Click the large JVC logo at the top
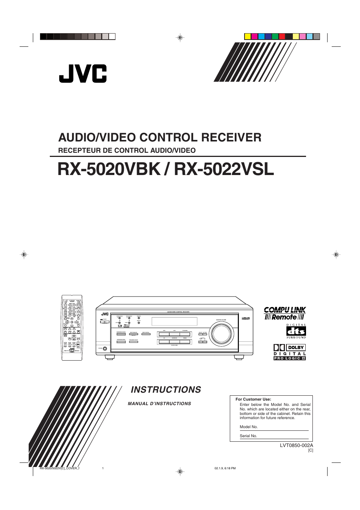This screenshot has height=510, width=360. (x=83, y=74)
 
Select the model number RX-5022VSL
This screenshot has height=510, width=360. (x=224, y=169)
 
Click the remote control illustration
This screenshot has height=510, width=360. (x=72, y=327)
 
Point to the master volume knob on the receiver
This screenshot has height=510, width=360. (x=222, y=334)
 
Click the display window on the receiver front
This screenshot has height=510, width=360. (x=174, y=321)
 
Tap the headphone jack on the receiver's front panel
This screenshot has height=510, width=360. (x=105, y=349)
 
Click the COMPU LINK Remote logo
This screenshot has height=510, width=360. (x=285, y=313)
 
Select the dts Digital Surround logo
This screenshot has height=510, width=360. (x=296, y=331)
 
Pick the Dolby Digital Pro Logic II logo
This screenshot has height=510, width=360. (x=289, y=352)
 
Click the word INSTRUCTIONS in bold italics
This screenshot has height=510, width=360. (x=166, y=390)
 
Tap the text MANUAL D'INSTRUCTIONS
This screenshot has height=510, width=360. (x=159, y=404)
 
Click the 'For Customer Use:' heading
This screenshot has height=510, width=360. (x=253, y=399)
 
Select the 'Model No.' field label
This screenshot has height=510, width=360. (x=249, y=427)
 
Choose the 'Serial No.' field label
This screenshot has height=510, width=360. (x=248, y=436)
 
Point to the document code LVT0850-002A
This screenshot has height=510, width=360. (x=296, y=445)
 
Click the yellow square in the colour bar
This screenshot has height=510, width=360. (x=248, y=37)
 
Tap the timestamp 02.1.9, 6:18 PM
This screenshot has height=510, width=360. (x=225, y=469)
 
